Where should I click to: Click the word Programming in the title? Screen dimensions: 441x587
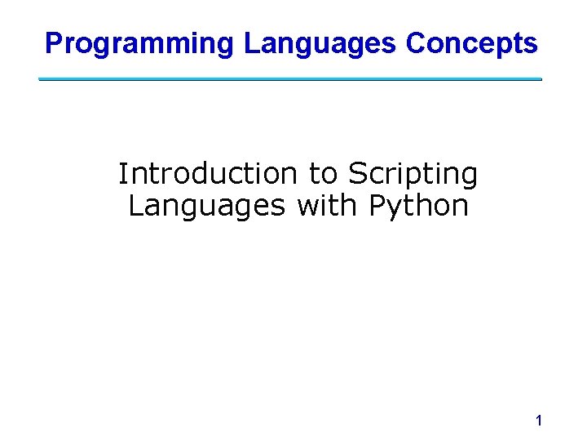click(x=139, y=43)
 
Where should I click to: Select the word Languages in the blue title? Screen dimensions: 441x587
click(x=320, y=43)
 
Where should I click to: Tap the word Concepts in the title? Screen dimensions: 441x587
click(x=472, y=43)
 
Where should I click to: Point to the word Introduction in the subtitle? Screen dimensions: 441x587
click(x=208, y=174)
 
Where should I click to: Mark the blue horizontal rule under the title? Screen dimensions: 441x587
click(x=290, y=79)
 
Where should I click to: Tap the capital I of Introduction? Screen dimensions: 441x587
click(x=123, y=174)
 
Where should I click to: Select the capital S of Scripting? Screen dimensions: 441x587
click(x=357, y=174)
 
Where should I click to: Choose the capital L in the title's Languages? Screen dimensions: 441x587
click(x=250, y=43)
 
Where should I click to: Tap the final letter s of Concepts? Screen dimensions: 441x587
click(x=532, y=46)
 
